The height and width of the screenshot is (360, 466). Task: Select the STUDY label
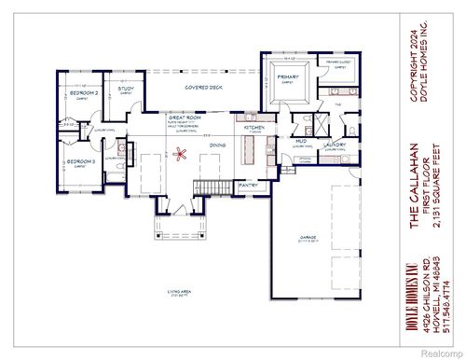point(126,89)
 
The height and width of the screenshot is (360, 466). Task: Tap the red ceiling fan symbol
point(184,153)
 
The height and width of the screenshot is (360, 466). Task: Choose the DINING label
point(216,145)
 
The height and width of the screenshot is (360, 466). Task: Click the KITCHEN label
point(254,127)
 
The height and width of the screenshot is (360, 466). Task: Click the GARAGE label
point(308,238)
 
